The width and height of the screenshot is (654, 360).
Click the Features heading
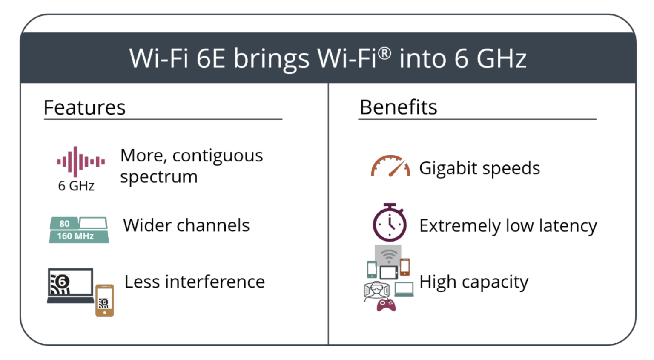84,107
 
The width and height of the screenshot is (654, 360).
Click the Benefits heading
398,107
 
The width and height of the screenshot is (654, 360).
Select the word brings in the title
271,59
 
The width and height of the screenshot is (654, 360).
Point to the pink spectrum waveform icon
80,161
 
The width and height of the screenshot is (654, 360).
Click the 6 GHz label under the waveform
76,186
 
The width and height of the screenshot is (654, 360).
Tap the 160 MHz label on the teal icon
75,236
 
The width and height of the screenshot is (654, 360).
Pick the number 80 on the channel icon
64,223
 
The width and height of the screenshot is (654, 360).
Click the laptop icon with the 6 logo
70,285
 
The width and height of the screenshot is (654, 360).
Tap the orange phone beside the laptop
105,300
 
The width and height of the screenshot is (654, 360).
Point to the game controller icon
386,305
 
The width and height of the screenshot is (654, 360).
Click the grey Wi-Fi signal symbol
388,256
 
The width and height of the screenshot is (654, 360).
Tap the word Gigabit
448,168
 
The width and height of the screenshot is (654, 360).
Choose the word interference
215,282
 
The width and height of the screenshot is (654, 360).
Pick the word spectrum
159,177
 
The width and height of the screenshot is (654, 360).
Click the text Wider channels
186,225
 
